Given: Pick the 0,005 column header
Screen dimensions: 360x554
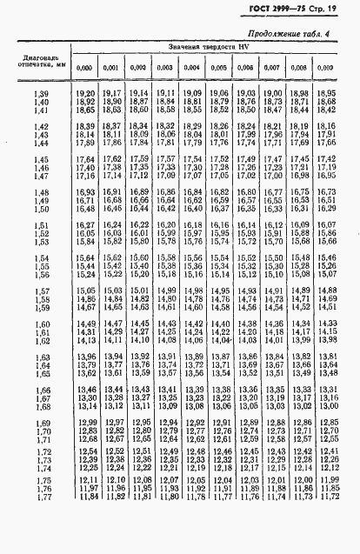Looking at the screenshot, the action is (219, 68).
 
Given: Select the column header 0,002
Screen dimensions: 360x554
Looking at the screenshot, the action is (138, 68).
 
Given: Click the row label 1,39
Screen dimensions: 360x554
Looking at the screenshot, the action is (42, 93).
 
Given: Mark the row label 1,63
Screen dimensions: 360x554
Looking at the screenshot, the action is (42, 357).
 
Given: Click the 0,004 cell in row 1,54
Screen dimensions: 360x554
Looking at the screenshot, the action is (193, 257).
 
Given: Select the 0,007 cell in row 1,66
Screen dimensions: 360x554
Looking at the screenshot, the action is (273, 389).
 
